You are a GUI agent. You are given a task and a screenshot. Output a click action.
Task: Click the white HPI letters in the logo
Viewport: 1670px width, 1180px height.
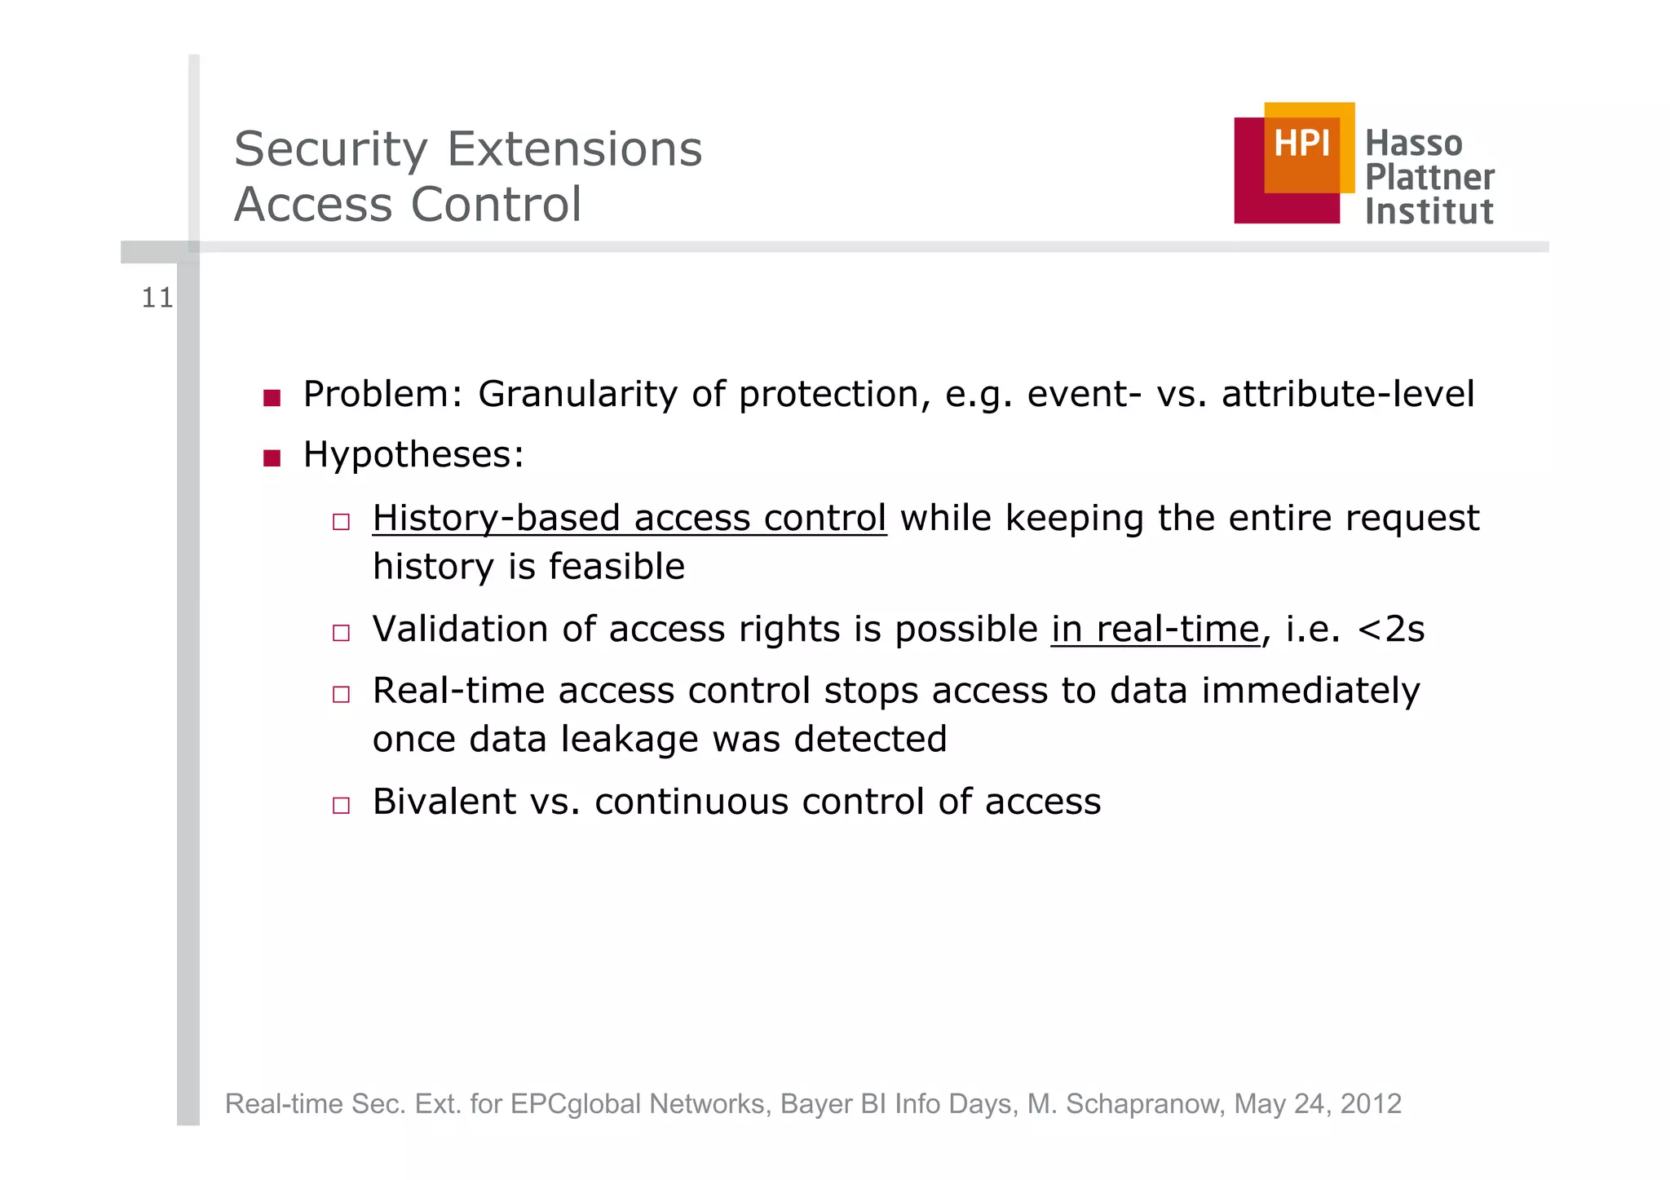tap(1301, 144)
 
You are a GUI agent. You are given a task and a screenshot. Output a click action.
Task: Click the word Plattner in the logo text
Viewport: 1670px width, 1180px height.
tap(1429, 177)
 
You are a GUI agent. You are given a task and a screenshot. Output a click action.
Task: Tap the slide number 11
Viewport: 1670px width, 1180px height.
tap(157, 298)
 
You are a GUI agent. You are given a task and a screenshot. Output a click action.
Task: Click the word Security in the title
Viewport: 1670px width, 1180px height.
tap(330, 150)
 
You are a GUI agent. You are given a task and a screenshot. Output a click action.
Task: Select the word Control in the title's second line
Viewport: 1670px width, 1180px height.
tap(496, 204)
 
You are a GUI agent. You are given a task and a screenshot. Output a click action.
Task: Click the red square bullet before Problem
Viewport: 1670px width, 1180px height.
tap(272, 398)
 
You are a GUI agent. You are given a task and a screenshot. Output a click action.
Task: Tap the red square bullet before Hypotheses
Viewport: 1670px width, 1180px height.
tap(272, 458)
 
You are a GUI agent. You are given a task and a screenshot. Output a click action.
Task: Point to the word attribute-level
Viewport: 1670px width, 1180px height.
tap(1347, 395)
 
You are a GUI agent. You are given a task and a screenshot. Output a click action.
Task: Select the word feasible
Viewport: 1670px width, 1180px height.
tap(617, 567)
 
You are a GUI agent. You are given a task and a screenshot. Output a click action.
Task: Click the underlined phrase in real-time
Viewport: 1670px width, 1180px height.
tap(1155, 630)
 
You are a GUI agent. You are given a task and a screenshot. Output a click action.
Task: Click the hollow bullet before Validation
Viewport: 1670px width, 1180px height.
tap(341, 633)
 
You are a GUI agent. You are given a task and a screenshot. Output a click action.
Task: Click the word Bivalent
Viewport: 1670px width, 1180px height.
tap(444, 802)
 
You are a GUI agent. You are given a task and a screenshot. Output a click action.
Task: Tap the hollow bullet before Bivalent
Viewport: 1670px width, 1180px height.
tap(341, 806)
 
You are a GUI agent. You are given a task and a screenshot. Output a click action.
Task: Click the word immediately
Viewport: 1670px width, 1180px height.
tap(1310, 692)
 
